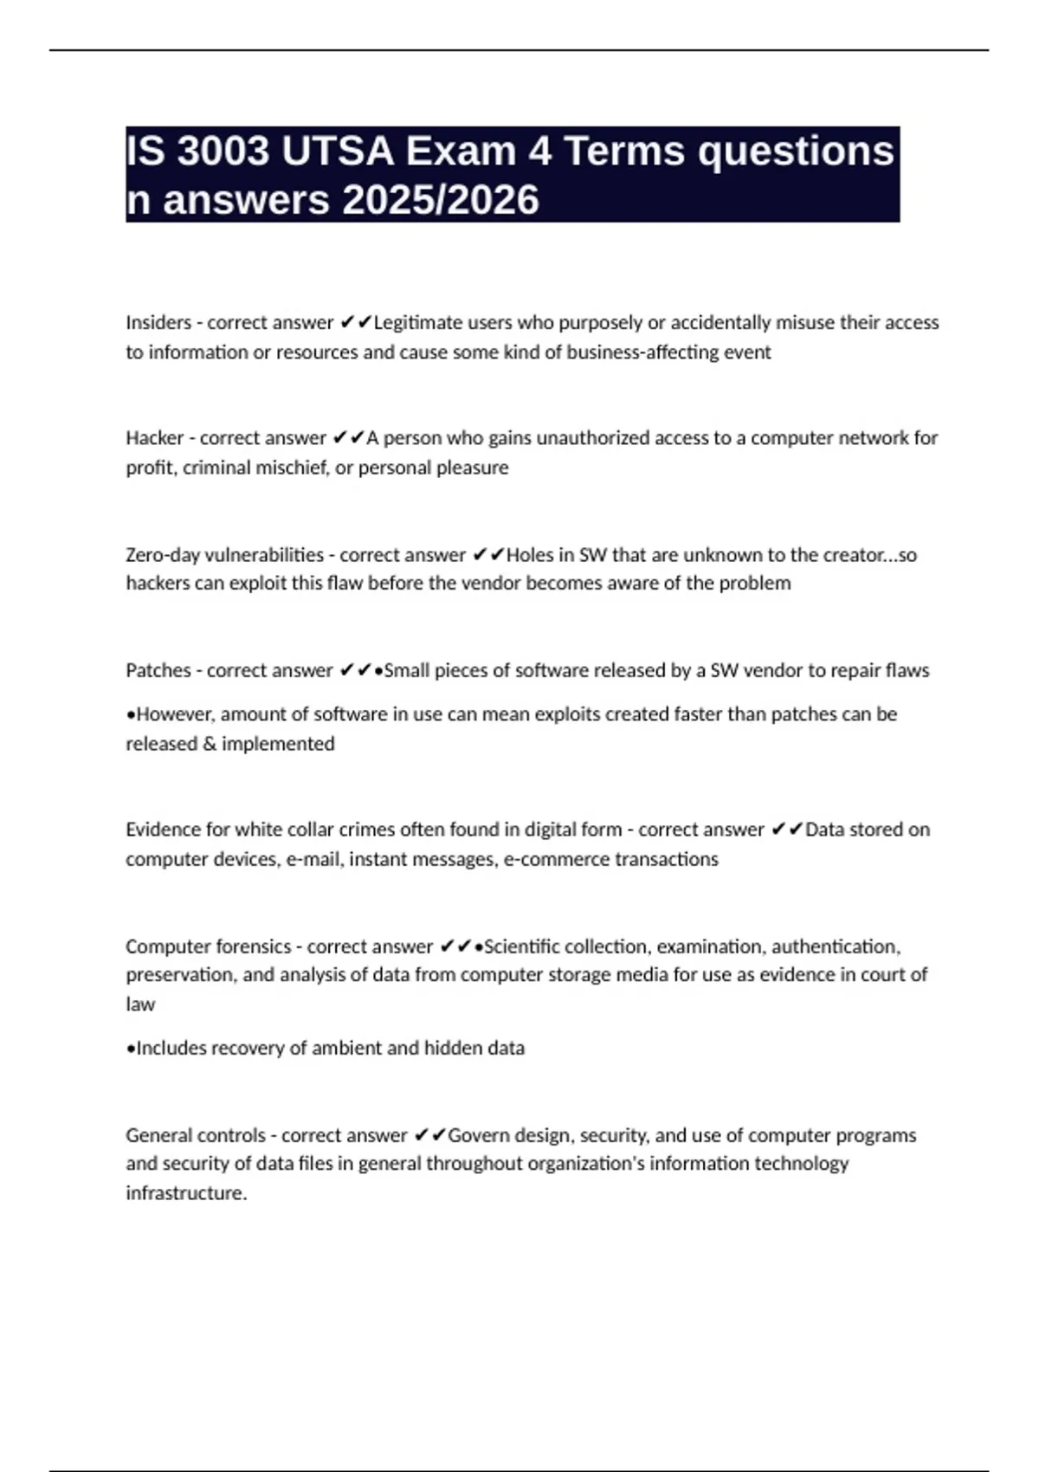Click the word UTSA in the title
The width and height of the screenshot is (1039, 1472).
coord(337,151)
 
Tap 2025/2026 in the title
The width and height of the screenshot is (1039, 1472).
coord(441,200)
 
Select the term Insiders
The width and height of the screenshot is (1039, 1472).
coord(158,323)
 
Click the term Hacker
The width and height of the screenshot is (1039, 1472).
coord(154,438)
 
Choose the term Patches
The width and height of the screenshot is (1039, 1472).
coord(158,670)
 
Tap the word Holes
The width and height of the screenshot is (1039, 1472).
coord(530,555)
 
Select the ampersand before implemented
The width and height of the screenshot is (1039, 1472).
coord(209,744)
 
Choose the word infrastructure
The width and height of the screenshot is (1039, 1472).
coord(185,1193)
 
